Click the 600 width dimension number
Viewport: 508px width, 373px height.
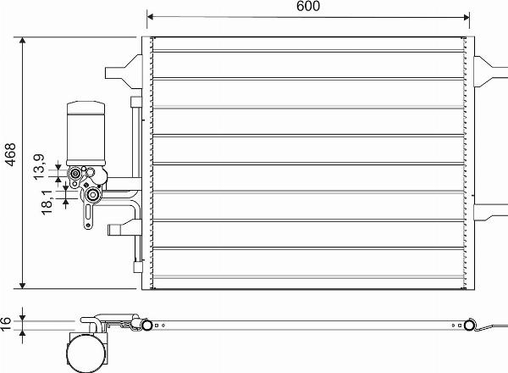click(x=308, y=7)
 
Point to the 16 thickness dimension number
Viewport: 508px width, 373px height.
click(x=8, y=322)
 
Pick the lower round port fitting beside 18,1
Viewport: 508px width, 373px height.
click(x=91, y=198)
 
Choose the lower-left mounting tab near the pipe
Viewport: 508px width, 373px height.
click(x=119, y=229)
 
